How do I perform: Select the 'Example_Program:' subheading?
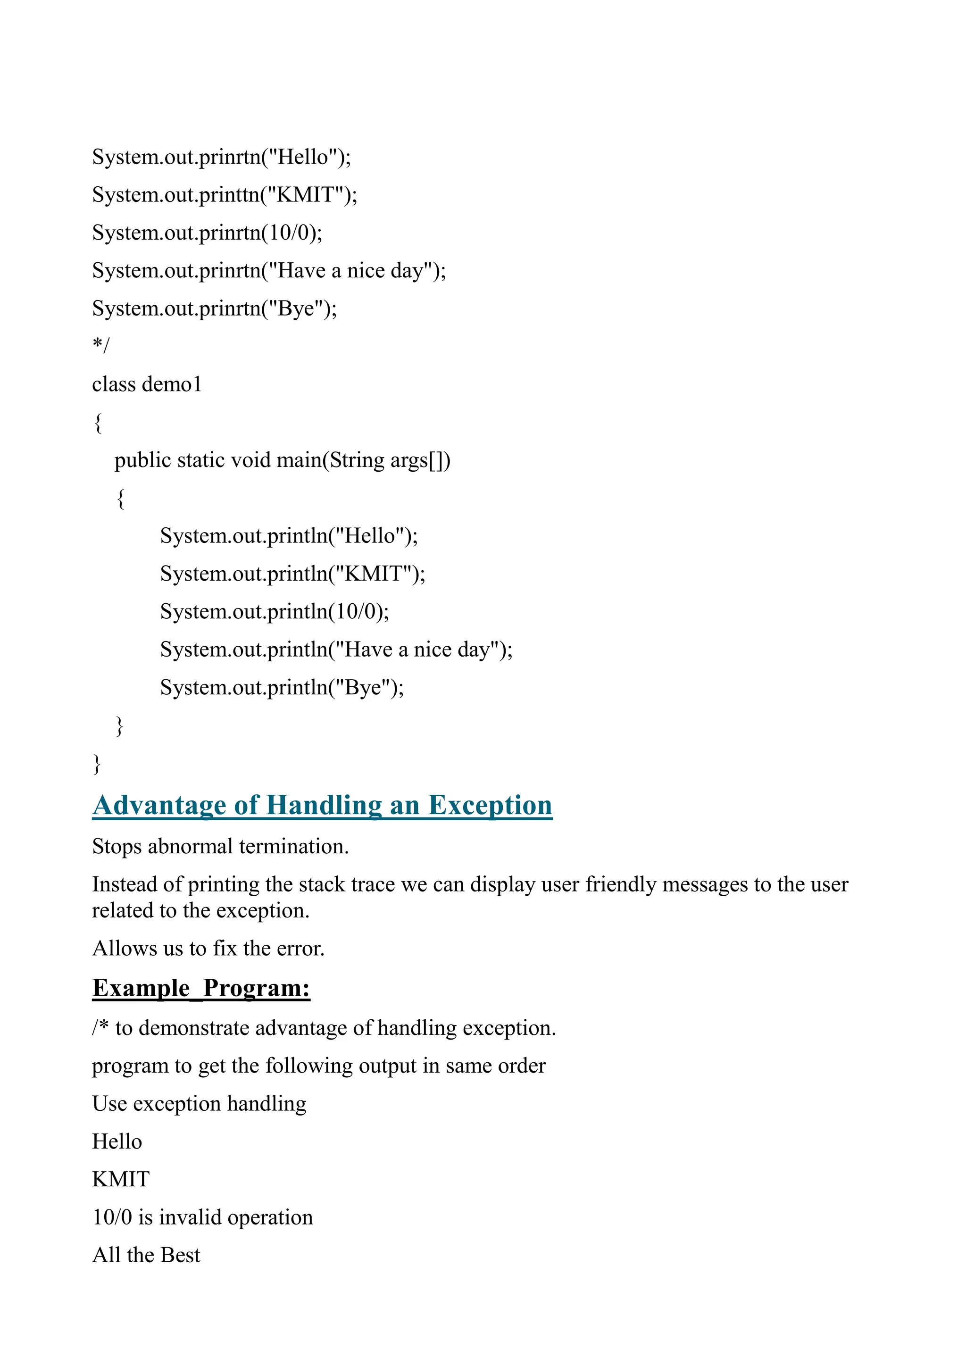point(201,988)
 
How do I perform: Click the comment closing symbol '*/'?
point(101,345)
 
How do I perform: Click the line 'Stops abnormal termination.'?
point(220,847)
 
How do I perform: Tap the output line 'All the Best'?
point(146,1255)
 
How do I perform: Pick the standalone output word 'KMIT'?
point(121,1179)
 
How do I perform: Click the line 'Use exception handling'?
point(199,1104)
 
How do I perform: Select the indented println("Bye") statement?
point(282,688)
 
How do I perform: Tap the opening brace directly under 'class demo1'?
point(98,423)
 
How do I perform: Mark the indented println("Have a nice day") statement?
point(336,650)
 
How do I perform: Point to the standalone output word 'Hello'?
point(117,1141)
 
